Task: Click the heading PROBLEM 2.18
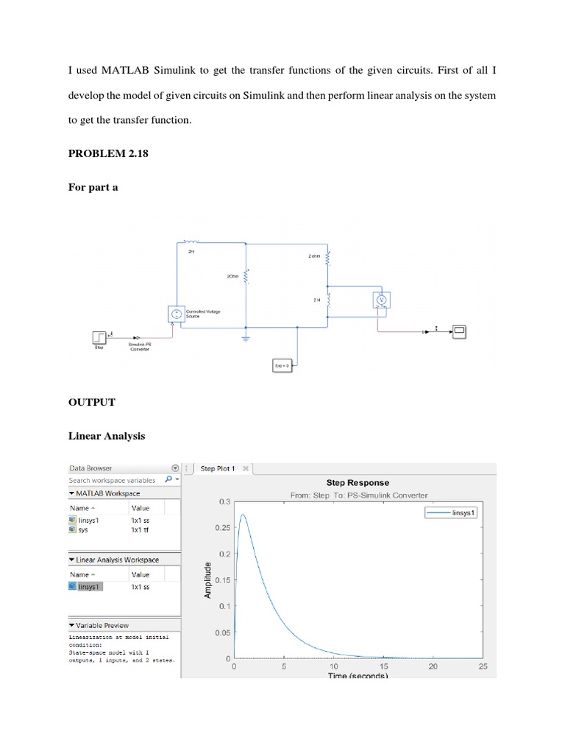(103, 154)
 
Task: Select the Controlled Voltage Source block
(177, 314)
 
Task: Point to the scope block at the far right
(459, 332)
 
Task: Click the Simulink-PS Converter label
(140, 347)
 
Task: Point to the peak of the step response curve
(243, 515)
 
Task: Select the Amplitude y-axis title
(208, 579)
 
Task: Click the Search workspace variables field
(114, 480)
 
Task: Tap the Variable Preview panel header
(102, 625)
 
